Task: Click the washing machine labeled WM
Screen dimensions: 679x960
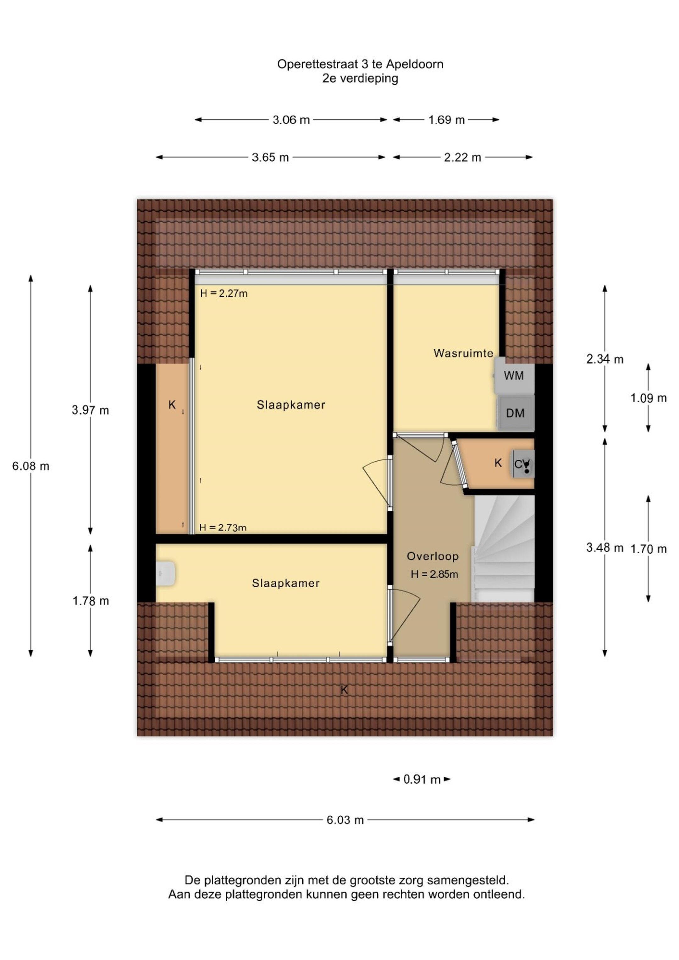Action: coord(514,375)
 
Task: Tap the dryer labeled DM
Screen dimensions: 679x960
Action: coord(515,413)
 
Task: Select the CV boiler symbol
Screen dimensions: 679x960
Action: coord(523,464)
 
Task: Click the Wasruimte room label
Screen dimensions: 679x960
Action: coord(463,353)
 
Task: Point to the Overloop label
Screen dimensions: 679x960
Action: coord(433,556)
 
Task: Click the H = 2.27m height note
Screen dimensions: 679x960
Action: coord(224,293)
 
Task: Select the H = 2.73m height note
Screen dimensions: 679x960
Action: coord(223,528)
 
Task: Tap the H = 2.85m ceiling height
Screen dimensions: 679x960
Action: coord(434,574)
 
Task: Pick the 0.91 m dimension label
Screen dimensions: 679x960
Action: coord(422,780)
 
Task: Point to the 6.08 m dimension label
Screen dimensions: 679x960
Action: coord(30,466)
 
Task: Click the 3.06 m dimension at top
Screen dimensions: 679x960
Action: coord(291,120)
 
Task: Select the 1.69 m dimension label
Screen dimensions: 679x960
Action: coord(446,120)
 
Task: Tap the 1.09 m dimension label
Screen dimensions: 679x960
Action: coord(649,398)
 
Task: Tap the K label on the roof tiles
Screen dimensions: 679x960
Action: coord(344,690)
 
